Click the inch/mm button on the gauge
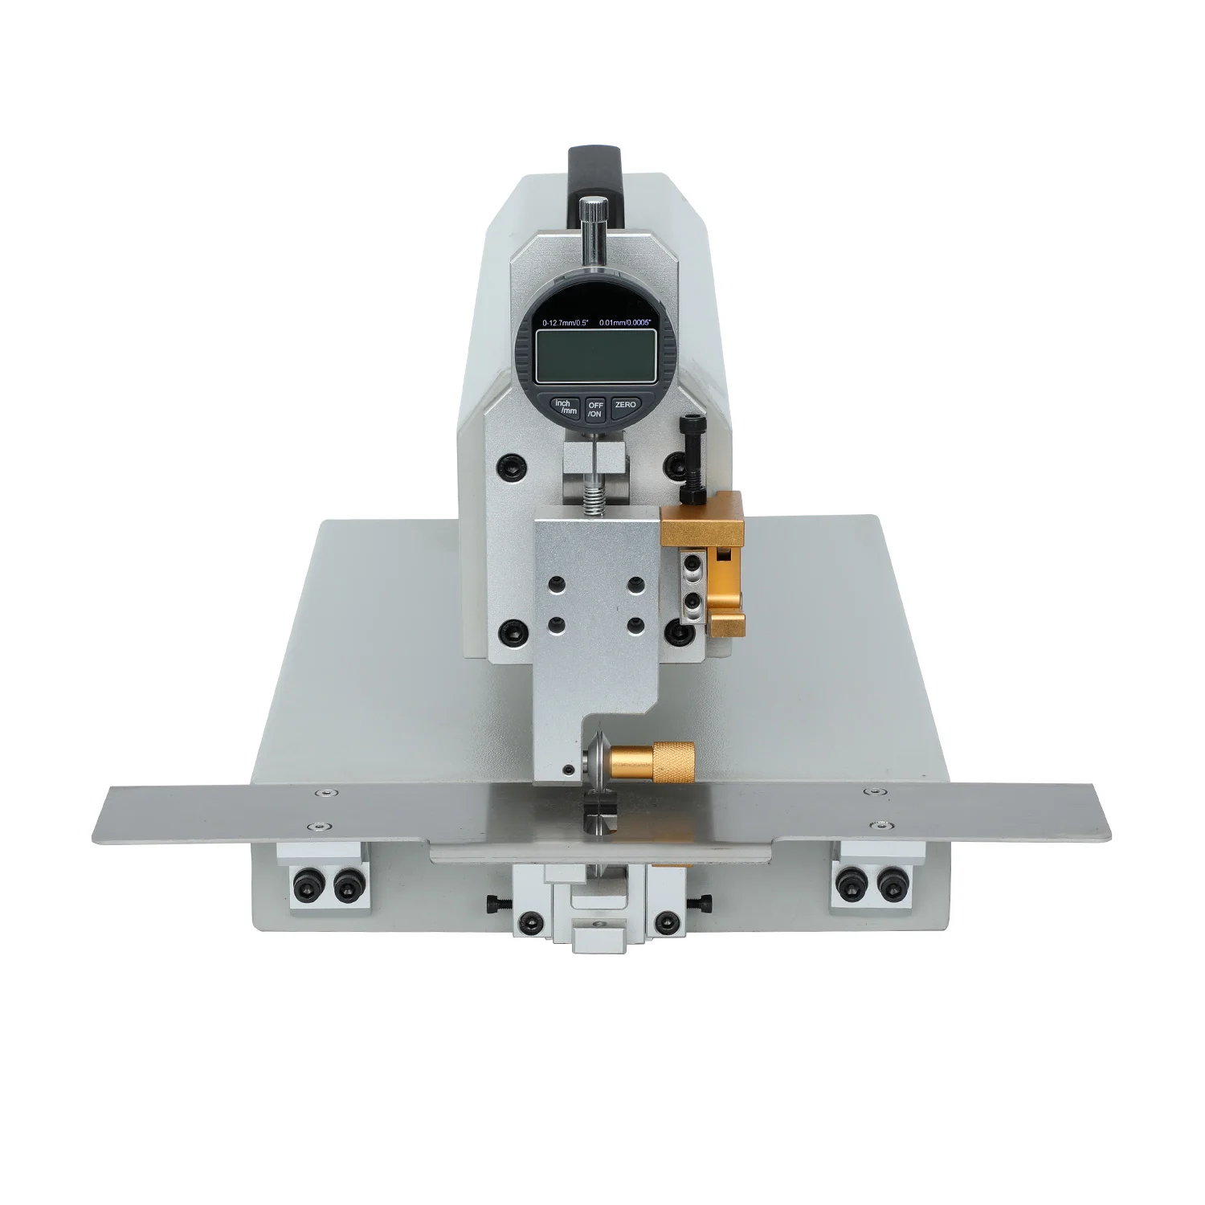click(x=564, y=406)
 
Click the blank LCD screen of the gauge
click(x=595, y=358)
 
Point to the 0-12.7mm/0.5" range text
click(x=566, y=322)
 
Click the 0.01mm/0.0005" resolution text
click(x=625, y=322)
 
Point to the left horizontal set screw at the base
click(x=492, y=905)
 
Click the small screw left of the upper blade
click(x=569, y=770)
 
